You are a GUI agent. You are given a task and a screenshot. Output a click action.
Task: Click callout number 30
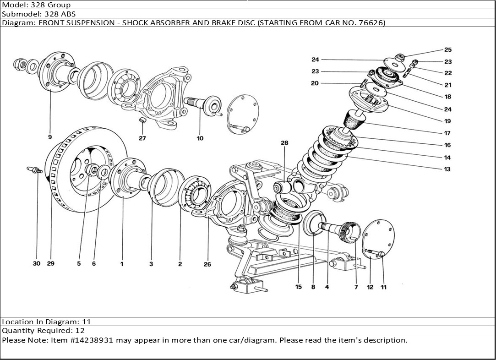tap(37, 263)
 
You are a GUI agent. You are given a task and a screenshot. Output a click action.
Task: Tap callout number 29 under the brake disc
tap(50, 263)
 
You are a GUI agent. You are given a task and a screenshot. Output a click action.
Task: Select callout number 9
tap(49, 137)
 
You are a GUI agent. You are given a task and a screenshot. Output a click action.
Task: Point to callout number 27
tap(142, 138)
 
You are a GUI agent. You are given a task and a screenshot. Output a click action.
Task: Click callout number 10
tap(200, 138)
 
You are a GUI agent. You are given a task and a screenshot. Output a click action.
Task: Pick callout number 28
tap(285, 143)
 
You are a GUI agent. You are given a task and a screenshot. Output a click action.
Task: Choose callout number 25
tap(447, 49)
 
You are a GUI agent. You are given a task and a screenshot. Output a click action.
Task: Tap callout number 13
tap(447, 169)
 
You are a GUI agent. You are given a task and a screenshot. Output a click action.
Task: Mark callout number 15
tap(299, 287)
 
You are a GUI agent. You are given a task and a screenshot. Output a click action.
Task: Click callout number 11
tap(384, 287)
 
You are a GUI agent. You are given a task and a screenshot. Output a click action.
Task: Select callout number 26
tap(207, 264)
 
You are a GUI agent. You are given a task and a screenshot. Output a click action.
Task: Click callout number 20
tap(315, 83)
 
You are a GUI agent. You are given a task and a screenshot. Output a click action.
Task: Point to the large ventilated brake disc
tap(87, 172)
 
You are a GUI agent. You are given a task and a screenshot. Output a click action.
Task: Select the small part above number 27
tap(142, 120)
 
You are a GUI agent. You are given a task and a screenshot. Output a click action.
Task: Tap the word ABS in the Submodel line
tap(68, 14)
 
